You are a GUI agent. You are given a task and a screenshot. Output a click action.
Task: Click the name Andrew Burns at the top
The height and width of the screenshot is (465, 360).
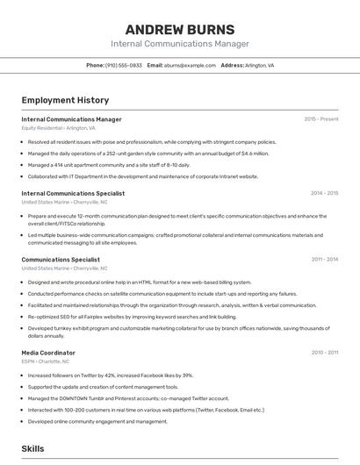tap(179, 29)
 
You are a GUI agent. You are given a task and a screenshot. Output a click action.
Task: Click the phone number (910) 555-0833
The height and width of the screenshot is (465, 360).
tap(123, 65)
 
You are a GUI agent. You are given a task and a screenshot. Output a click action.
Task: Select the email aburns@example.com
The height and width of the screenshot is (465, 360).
tap(189, 65)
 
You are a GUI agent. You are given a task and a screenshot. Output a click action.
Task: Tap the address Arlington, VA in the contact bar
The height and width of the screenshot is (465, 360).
tap(259, 65)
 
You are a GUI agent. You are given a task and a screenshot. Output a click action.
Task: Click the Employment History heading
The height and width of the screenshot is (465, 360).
tap(65, 100)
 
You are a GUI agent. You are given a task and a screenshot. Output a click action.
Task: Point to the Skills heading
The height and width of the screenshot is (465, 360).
tap(32, 448)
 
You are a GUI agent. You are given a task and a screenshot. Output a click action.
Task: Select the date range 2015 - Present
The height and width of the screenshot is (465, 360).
tap(320, 118)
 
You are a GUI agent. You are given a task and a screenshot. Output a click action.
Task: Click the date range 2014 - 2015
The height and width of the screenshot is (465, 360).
tap(324, 193)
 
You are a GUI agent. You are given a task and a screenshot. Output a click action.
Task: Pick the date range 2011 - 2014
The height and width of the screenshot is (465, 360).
tap(324, 260)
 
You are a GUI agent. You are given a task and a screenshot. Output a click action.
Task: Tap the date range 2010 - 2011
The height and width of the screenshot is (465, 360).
tap(324, 352)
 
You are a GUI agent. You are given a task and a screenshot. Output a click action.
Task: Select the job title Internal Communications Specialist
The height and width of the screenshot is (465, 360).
tap(73, 193)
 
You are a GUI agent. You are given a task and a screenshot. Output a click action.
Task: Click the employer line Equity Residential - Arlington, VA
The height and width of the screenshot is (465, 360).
tap(58, 128)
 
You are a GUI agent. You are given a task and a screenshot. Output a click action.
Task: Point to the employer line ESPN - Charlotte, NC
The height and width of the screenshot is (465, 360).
tap(46, 361)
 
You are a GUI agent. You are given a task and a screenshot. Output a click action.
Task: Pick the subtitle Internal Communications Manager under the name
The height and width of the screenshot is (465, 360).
tap(179, 44)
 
